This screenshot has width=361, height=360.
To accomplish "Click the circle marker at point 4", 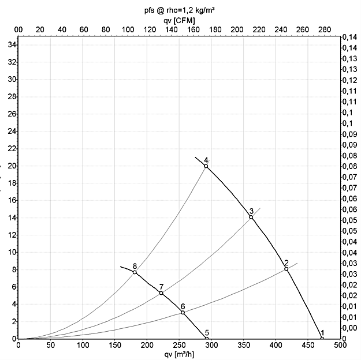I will [x=206, y=166].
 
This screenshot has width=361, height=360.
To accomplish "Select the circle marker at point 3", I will [x=251, y=217].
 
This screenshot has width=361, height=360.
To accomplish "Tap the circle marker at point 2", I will [x=286, y=269].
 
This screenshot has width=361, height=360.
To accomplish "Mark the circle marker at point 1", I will [x=322, y=339].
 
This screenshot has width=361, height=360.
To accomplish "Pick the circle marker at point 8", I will [x=135, y=272].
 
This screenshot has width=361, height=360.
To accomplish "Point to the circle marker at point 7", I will [x=161, y=293].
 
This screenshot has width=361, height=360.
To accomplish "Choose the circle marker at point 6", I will [x=183, y=313].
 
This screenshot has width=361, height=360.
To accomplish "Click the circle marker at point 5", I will [x=206, y=339].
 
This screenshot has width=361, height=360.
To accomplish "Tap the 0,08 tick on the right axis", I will [x=350, y=156].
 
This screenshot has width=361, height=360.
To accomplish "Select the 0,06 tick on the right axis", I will [x=350, y=199].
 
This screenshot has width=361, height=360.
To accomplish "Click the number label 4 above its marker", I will [x=206, y=160].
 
